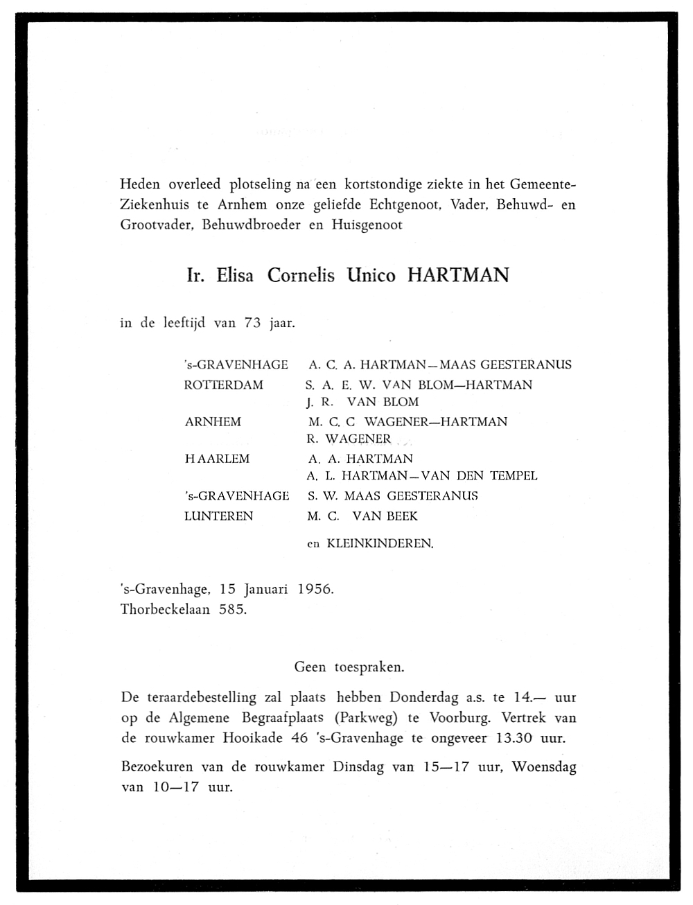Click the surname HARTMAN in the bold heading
[457, 276]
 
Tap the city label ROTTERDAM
[224, 385]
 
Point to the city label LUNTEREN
[219, 516]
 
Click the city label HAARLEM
[217, 459]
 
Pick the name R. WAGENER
[349, 439]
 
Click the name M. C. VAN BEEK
[362, 516]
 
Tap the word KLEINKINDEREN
[380, 544]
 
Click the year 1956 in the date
[315, 590]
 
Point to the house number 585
[233, 610]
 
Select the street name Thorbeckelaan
[165, 610]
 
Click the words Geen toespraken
[349, 667]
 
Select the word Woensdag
[544, 767]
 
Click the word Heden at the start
[140, 184]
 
